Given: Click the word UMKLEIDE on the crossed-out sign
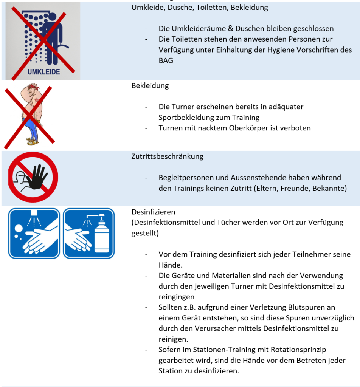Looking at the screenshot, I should (x=43, y=71).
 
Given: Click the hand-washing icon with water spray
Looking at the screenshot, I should (x=34, y=233).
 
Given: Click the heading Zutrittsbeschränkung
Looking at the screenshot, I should (x=167, y=156).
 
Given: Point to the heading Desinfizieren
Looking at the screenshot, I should (x=153, y=212).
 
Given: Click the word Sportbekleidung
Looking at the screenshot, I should (x=190, y=117).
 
